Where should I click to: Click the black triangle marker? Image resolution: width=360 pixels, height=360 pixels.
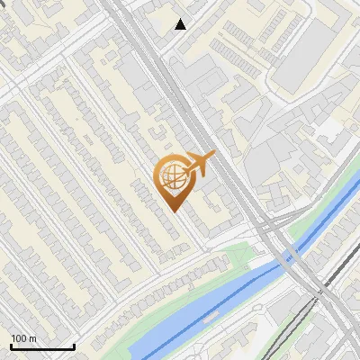click(x=181, y=24)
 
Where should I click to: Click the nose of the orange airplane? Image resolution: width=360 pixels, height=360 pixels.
click(x=214, y=154)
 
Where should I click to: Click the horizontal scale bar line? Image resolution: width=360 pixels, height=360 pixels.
click(x=41, y=346)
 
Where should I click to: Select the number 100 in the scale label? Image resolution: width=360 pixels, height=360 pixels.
click(x=19, y=338)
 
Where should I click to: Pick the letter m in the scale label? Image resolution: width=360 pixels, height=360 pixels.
click(x=31, y=339)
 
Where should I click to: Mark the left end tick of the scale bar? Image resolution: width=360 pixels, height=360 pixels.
click(x=11, y=346)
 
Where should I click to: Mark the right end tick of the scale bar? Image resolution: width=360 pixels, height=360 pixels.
click(x=73, y=346)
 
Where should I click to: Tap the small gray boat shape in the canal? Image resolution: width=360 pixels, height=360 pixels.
click(x=209, y=317)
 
